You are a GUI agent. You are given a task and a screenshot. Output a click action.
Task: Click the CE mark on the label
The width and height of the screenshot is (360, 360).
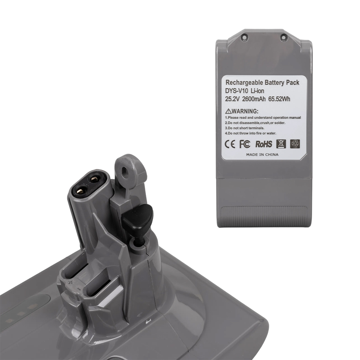(230, 144)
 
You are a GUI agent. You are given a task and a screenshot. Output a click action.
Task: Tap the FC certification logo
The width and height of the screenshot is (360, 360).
(245, 144)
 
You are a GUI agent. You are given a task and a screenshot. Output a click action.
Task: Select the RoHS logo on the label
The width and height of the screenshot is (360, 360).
(264, 144)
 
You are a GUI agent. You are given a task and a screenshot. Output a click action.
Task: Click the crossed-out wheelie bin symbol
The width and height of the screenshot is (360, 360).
(281, 144)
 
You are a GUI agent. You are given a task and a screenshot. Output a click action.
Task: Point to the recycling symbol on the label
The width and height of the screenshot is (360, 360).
(295, 144)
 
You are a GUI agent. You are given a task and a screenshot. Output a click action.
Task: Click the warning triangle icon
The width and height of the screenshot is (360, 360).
(228, 111)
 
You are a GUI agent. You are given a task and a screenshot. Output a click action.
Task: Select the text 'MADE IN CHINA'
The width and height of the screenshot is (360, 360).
(262, 155)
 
